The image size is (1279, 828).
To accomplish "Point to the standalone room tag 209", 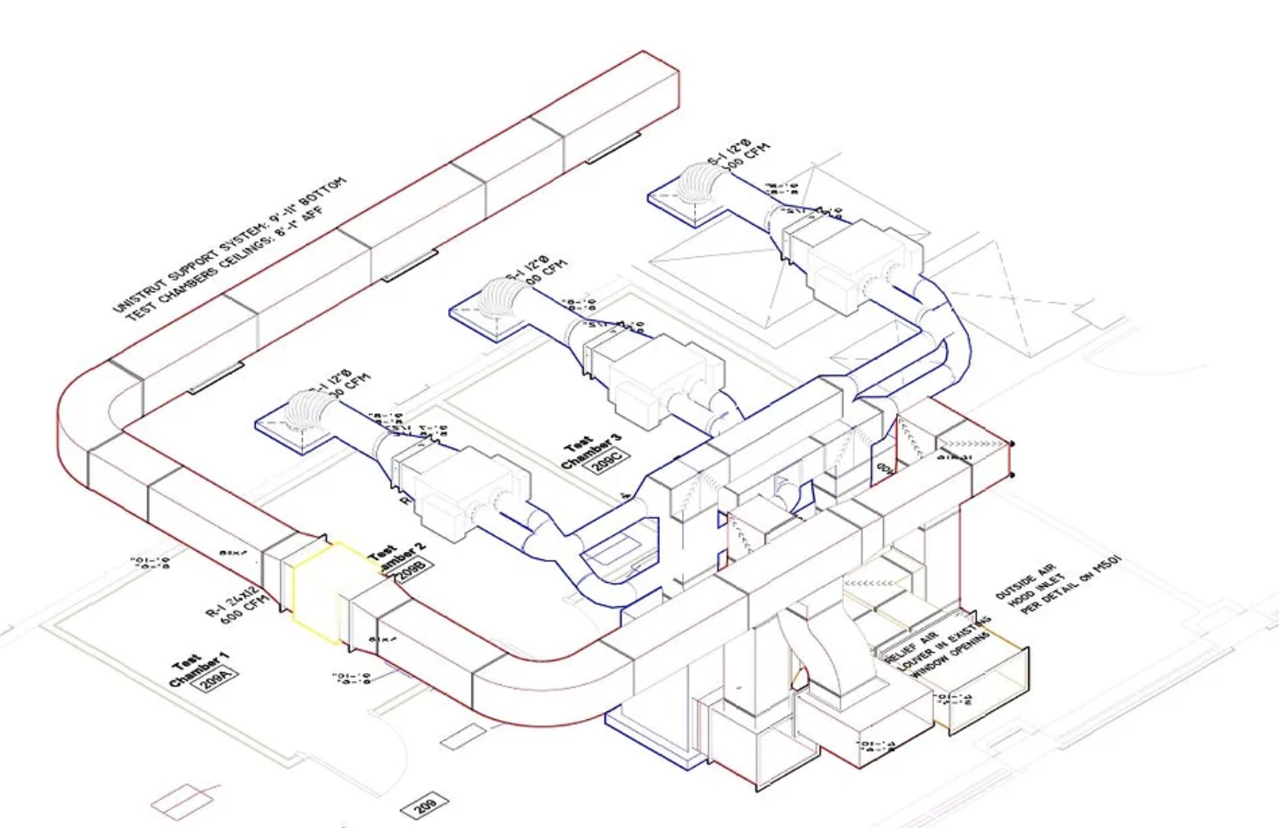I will click(x=425, y=804).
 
